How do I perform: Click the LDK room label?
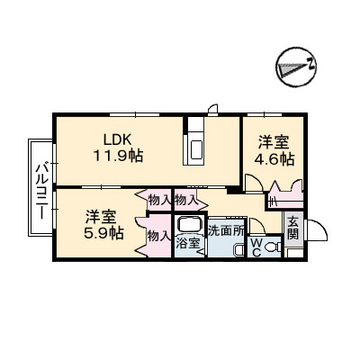[x=117, y=139]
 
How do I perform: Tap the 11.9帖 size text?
[x=118, y=156]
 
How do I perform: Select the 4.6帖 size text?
[x=274, y=159]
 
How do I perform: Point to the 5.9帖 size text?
[x=103, y=233]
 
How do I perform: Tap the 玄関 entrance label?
[x=293, y=228]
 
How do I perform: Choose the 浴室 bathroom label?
[x=187, y=243]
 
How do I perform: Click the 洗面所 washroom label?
[x=227, y=230]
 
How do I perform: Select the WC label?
[x=256, y=247]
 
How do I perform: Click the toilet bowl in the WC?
[x=272, y=247]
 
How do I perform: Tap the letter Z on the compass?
[x=311, y=64]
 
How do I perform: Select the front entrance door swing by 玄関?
[x=317, y=230]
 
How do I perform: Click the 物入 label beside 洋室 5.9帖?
[x=158, y=237]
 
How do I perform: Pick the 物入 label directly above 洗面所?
[x=186, y=200]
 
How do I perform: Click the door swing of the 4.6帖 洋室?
[x=254, y=183]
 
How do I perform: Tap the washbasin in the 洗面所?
[x=238, y=250]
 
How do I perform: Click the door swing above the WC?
[x=257, y=226]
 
